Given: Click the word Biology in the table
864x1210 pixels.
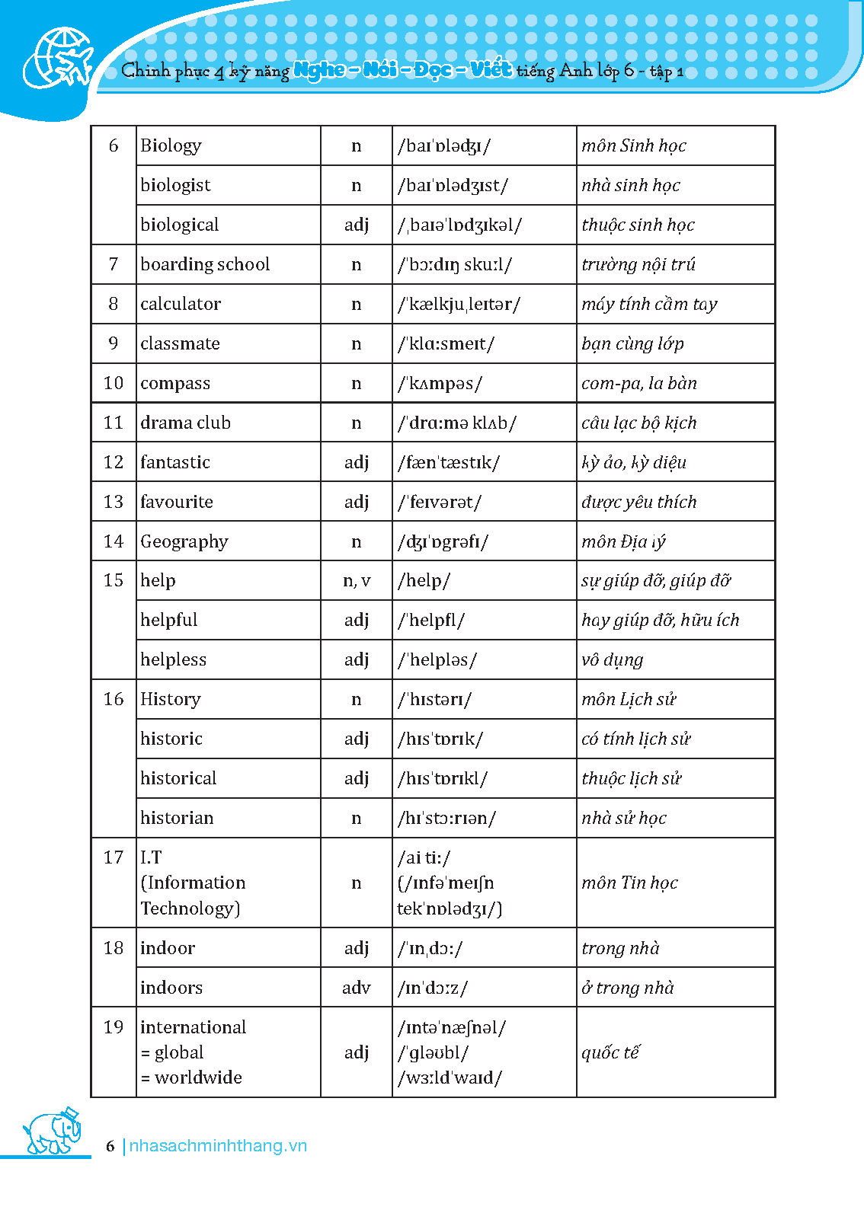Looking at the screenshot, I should [171, 145].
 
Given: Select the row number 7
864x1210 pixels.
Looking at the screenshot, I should [114, 264].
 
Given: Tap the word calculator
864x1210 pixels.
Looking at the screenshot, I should [181, 304].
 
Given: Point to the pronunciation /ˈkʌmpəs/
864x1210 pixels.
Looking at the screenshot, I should [440, 383].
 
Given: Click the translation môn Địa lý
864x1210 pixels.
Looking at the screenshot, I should [623, 541].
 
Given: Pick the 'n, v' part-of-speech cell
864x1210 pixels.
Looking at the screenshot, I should [356, 581].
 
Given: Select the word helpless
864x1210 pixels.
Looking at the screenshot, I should [173, 659].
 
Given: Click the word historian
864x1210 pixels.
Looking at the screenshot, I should [177, 818].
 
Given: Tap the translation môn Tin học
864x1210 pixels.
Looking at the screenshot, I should [629, 883].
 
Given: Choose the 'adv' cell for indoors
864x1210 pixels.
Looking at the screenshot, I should [356, 988].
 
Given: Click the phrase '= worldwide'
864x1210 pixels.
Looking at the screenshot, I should [191, 1078].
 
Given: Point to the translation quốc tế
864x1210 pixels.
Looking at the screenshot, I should [610, 1052].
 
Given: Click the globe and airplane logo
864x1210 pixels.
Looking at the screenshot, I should [58, 58].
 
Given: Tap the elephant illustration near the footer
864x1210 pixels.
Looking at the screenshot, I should [52, 1132].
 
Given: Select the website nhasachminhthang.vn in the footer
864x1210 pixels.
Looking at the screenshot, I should [218, 1146].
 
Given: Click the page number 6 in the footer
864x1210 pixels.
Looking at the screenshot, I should [110, 1146].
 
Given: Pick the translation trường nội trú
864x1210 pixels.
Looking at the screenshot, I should [638, 264].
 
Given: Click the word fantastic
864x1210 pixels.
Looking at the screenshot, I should [174, 462].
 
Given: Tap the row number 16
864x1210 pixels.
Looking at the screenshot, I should [114, 699].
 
